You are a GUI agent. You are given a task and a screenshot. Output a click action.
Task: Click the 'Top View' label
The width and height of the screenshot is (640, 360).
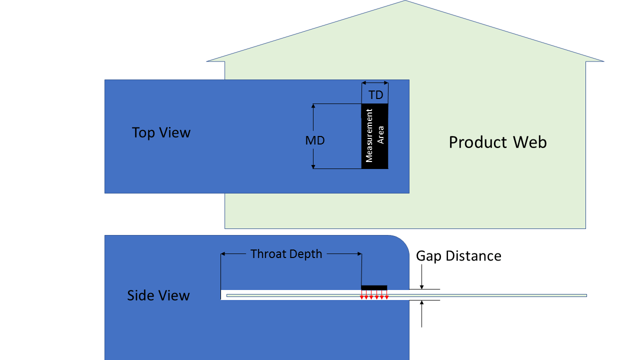pyautogui.click(x=161, y=132)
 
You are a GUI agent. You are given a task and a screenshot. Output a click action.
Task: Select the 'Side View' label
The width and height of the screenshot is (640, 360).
pyautogui.click(x=158, y=295)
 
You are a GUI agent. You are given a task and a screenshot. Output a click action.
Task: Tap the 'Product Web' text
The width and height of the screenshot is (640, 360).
pyautogui.click(x=497, y=142)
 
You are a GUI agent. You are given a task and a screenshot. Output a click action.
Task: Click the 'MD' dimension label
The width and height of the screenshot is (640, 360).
pyautogui.click(x=315, y=141)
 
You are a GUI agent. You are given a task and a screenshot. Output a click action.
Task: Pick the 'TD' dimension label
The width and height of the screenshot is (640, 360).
pyautogui.click(x=375, y=95)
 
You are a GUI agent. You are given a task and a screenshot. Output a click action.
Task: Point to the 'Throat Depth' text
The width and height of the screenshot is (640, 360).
pyautogui.click(x=286, y=254)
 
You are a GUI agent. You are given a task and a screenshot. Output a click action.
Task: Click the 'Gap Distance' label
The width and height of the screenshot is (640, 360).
pyautogui.click(x=458, y=256)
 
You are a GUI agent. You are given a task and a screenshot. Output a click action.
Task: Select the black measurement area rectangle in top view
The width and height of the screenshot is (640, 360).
pyautogui.click(x=374, y=136)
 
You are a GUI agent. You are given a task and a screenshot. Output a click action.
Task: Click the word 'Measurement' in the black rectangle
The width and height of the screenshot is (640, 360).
pyautogui.click(x=369, y=135)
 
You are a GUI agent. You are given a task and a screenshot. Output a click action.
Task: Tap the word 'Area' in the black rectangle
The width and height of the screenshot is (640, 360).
pyautogui.click(x=381, y=135)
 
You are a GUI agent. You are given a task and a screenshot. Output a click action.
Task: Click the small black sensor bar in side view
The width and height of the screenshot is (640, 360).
pyautogui.click(x=374, y=287)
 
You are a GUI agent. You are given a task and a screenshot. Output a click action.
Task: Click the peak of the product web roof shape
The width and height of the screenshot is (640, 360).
pyautogui.click(x=405, y=1)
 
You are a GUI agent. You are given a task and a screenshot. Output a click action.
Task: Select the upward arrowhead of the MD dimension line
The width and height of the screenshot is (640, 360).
pyautogui.click(x=313, y=106)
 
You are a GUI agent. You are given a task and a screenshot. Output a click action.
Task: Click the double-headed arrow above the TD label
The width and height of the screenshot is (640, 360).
pyautogui.click(x=374, y=83)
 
